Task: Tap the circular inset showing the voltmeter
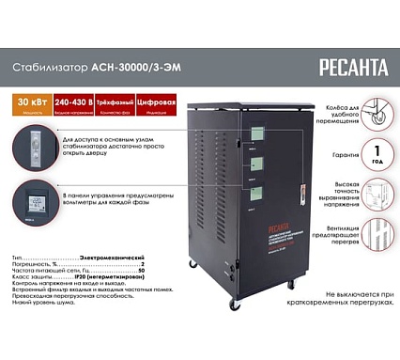(39, 199)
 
